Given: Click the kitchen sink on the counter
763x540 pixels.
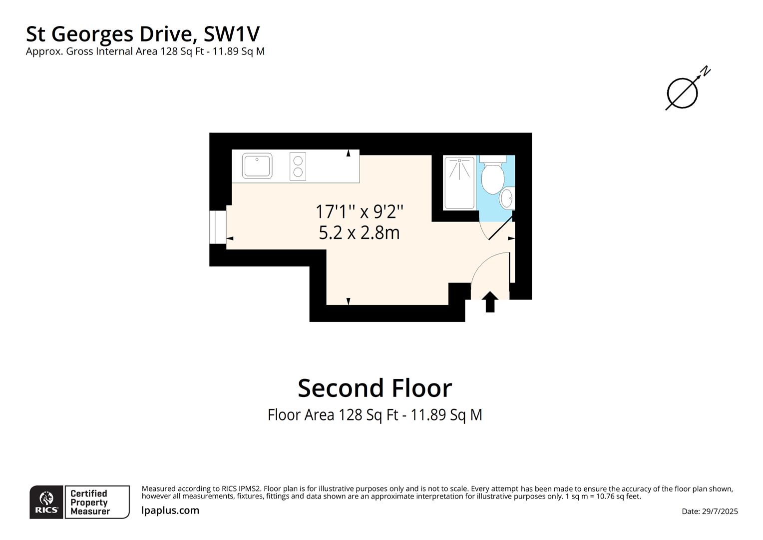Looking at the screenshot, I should point(257,166).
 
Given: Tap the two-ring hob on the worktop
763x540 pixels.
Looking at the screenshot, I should point(298,166).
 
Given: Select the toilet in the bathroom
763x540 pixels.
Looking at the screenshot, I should point(492,176).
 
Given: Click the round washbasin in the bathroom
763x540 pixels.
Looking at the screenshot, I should point(507,198).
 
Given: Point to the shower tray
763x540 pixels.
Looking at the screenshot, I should point(459,182).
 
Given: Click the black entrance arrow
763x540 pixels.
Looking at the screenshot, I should point(490,301).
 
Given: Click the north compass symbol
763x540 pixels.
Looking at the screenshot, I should point(684,91).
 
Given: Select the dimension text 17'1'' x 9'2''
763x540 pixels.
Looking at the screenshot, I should point(359,211).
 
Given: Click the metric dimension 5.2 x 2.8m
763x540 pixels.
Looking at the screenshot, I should point(359,233).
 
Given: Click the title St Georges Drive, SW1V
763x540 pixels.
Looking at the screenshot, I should point(143,34).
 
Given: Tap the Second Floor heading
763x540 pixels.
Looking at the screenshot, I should point(375,388).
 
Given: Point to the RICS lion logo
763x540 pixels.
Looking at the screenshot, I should point(46,501).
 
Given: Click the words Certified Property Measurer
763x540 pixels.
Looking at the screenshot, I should point(90,502).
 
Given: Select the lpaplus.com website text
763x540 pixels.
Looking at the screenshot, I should point(170,510).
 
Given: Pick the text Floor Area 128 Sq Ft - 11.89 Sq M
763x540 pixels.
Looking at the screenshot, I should point(375,415).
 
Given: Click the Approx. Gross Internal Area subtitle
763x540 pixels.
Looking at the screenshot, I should point(145,51).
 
